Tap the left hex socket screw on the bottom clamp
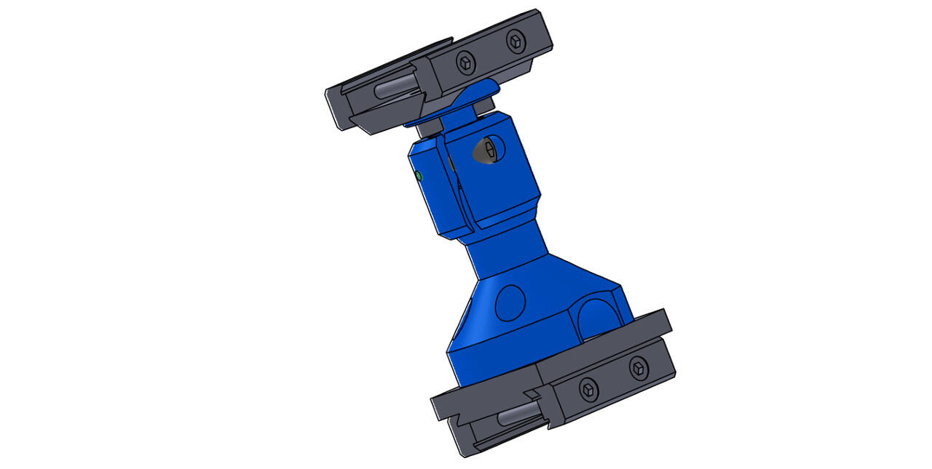pos(588,390)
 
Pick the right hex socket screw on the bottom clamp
pos(639,369)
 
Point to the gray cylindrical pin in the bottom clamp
pos(518,417)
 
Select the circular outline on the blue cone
pos(510,302)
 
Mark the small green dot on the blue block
pos(419,176)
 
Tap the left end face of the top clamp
pos(334,106)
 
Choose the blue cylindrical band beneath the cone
pos(495,356)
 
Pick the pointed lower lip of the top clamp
pos(364,127)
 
